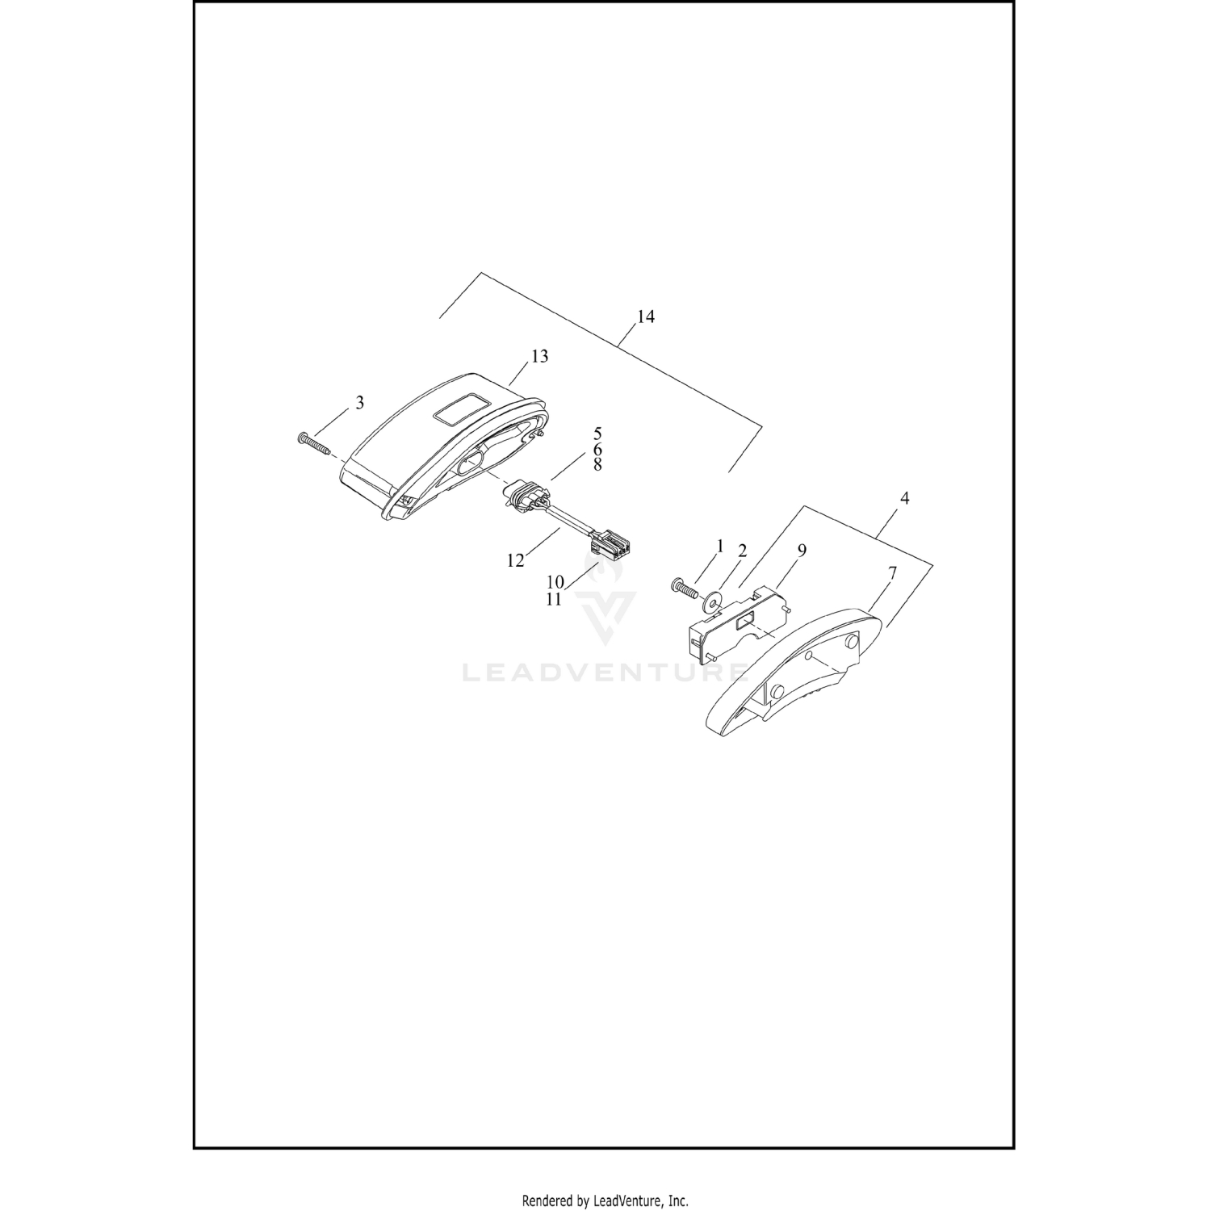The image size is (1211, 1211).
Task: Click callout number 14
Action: (x=645, y=316)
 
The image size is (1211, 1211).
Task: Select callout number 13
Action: (x=539, y=356)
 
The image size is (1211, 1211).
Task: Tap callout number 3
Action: (x=360, y=402)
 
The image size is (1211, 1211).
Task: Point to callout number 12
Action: (x=515, y=560)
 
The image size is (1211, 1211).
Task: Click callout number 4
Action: (x=904, y=499)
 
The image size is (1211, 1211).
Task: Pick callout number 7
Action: (x=893, y=573)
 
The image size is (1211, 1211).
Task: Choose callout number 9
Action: (x=802, y=551)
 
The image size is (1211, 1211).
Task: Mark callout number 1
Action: (x=720, y=546)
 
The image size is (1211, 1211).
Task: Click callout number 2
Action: (x=742, y=551)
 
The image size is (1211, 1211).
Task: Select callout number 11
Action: (x=554, y=599)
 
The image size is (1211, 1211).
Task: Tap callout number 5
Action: (x=597, y=434)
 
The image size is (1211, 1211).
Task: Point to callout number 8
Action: (x=597, y=465)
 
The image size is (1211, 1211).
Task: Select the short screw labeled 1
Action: (x=681, y=589)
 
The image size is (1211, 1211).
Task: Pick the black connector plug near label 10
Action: (x=611, y=548)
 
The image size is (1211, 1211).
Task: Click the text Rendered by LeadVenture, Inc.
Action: (x=605, y=1201)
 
